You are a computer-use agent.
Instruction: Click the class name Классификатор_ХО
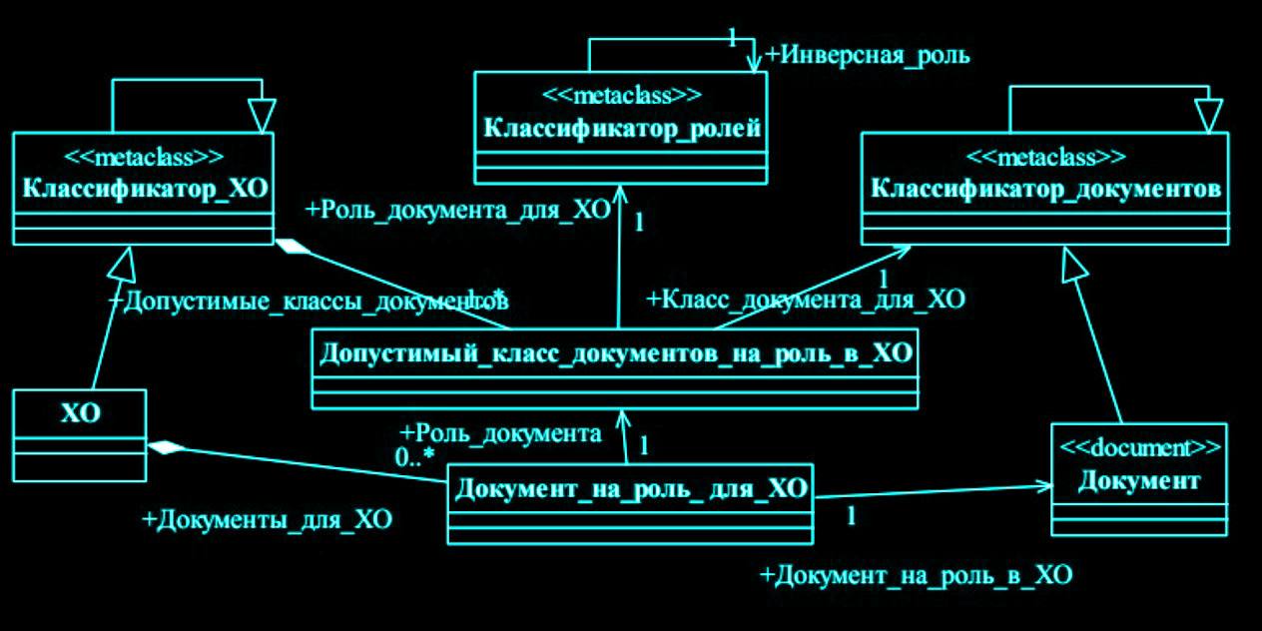[144, 189]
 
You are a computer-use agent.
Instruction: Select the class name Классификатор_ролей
[622, 128]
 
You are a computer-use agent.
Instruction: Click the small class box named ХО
[80, 413]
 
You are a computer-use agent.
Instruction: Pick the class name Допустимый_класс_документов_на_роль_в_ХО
[614, 354]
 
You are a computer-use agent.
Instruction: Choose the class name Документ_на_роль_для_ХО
[630, 489]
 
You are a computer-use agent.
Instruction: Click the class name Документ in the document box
[1139, 481]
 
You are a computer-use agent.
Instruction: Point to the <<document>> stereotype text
[1139, 447]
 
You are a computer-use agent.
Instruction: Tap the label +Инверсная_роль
[867, 55]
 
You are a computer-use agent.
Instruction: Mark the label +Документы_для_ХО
[267, 519]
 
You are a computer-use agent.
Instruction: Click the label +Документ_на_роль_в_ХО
[916, 575]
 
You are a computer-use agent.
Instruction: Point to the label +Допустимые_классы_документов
[309, 300]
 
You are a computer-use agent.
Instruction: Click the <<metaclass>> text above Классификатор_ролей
[622, 96]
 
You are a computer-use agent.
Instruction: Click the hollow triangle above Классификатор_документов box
[1208, 115]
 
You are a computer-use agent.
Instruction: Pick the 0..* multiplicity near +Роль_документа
[414, 458]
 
